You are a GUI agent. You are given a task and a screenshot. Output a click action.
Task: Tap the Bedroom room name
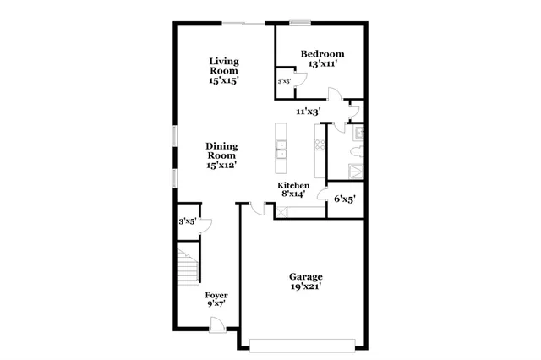pos(323,55)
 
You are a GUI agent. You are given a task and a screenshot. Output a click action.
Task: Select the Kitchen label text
pos(293,185)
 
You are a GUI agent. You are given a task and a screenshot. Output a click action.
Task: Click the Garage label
pos(305,276)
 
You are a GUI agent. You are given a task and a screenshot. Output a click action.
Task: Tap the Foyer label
pos(217,295)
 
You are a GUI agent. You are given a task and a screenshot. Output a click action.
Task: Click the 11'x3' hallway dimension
pos(309,111)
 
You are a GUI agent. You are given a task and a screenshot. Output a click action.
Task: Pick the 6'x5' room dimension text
pos(344,199)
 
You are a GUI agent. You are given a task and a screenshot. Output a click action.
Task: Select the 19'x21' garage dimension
pos(305,287)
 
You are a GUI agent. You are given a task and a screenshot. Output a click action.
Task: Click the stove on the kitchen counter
pos(320,147)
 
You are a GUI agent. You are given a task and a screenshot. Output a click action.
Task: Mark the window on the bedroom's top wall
pos(298,23)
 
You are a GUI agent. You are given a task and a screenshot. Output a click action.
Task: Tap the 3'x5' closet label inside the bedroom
pos(285,82)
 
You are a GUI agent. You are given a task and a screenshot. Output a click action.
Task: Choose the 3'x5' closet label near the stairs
pos(187,221)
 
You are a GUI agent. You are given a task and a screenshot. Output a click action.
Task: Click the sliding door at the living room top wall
pos(247,23)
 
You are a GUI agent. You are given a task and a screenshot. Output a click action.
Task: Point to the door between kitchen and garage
pos(247,205)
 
